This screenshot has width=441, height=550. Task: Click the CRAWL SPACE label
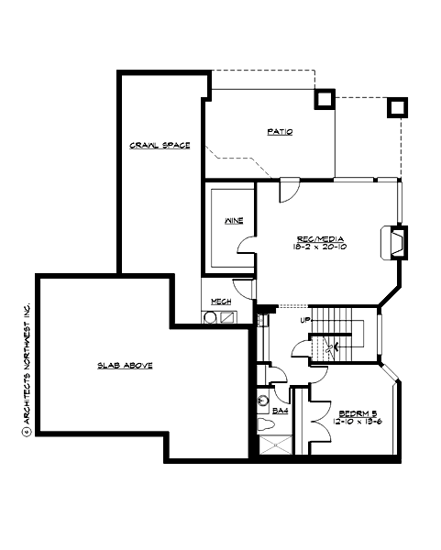pos(160,146)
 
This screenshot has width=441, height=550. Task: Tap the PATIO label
pos(280,132)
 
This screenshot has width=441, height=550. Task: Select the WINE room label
pos(233,221)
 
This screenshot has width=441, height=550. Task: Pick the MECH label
pos(221,302)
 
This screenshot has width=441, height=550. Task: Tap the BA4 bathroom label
pos(280,411)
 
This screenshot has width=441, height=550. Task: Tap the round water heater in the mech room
pos(210,318)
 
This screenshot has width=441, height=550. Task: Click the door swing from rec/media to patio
pos(287,189)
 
